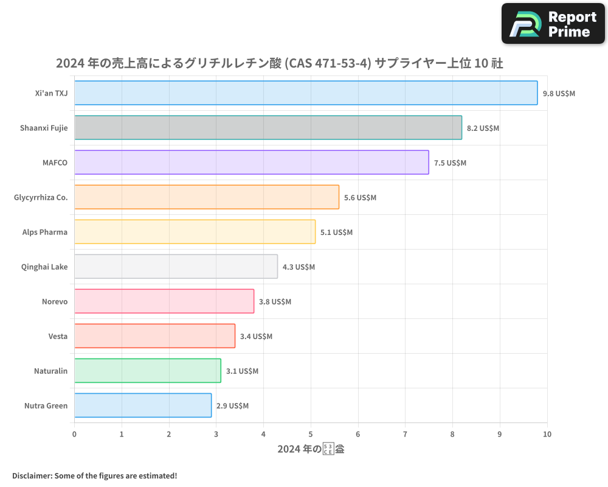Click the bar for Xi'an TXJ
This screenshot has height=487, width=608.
(x=306, y=93)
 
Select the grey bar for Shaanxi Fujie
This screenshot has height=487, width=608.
(x=268, y=128)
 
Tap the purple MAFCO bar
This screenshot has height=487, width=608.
(x=251, y=163)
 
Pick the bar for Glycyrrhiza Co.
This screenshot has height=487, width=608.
(x=207, y=197)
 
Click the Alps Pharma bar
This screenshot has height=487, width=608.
(x=195, y=232)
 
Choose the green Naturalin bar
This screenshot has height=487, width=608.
(x=147, y=371)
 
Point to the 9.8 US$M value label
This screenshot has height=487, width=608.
(x=559, y=94)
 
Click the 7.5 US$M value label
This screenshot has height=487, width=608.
(x=450, y=163)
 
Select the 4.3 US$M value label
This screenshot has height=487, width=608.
(x=299, y=267)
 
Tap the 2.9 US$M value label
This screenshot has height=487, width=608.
(x=232, y=406)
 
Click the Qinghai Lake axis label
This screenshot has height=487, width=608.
(x=44, y=267)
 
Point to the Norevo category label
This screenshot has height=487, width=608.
(x=55, y=301)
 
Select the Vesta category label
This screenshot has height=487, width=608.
(x=58, y=336)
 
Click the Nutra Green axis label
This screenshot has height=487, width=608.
(x=46, y=405)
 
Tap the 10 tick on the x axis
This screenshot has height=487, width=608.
(x=547, y=434)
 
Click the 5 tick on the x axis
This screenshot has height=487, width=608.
(x=311, y=434)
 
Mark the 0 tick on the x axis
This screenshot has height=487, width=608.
(x=74, y=434)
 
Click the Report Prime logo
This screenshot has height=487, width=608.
(x=553, y=24)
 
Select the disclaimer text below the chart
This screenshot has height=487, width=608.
(x=94, y=475)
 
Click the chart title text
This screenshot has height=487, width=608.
(x=279, y=63)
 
